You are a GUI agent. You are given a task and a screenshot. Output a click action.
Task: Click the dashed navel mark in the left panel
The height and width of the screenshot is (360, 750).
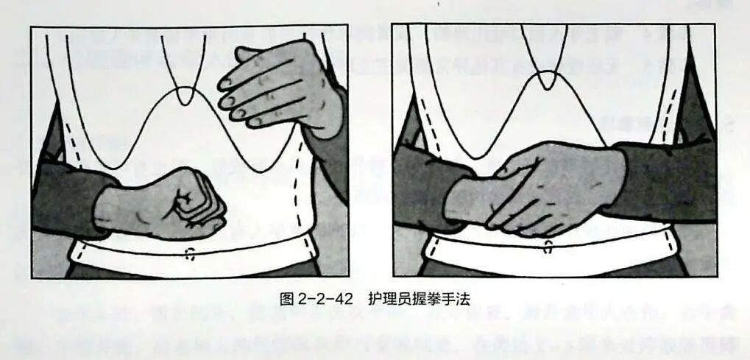[x=190, y=254]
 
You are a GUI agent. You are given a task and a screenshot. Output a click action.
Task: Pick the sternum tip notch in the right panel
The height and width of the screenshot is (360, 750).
[x=547, y=80]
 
